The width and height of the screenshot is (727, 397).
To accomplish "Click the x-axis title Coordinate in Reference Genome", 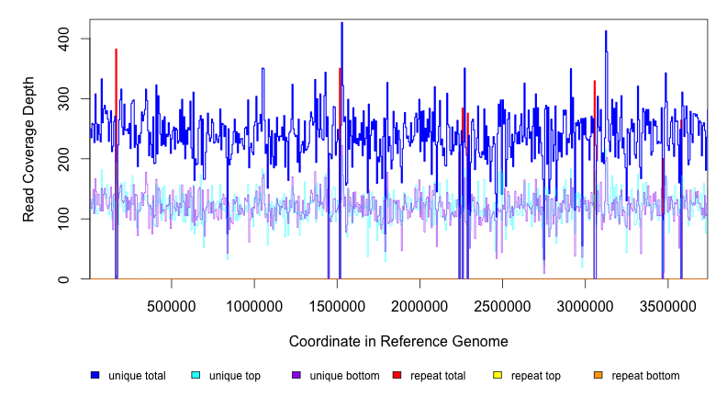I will pos(398,341).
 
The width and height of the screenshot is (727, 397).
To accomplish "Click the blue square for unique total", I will pos(95,375).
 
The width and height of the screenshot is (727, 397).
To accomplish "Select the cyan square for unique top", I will pos(196,375).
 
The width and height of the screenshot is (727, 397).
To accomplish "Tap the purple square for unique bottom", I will pos(296,375).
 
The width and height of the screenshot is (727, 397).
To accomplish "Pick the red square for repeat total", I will pos(397,375).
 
